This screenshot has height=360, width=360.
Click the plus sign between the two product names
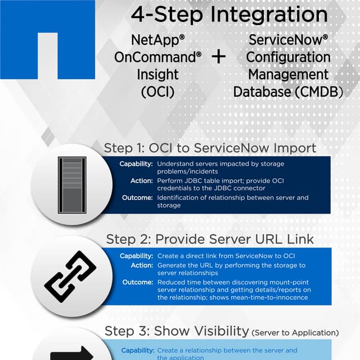pyautogui.click(x=218, y=57)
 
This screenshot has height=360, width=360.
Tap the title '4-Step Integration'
pyautogui.click(x=229, y=15)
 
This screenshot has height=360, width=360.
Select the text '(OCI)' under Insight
pyautogui.click(x=157, y=91)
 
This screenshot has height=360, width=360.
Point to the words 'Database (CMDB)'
pyautogui.click(x=289, y=91)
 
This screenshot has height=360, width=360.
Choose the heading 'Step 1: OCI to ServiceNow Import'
pyautogui.click(x=210, y=148)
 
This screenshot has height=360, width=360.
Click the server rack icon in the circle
pyautogui.click(x=72, y=184)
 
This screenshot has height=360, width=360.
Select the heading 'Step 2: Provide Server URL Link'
pyautogui.click(x=210, y=239)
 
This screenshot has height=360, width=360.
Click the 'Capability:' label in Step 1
pyautogui.click(x=136, y=164)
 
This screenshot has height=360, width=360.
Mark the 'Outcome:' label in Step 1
pyautogui.click(x=137, y=197)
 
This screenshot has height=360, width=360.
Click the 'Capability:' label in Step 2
pyautogui.click(x=136, y=256)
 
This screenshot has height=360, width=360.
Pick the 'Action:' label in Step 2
pyautogui.click(x=142, y=265)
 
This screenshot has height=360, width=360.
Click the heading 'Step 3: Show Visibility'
pyautogui.click(x=177, y=331)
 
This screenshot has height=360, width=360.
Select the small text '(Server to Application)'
pyautogui.click(x=295, y=332)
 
